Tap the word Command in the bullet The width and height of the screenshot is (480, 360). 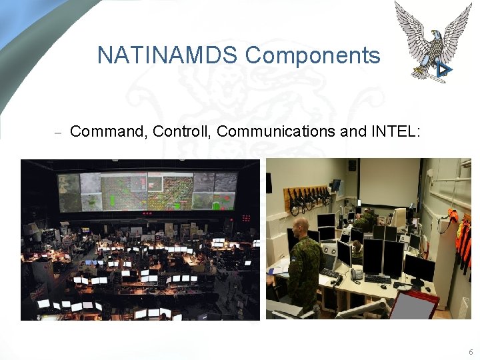point(107,131)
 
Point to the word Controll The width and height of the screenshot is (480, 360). point(181,131)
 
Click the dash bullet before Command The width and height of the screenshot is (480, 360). point(57,133)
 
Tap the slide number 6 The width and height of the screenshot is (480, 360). point(471,351)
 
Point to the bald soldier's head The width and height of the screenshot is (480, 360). point(301,227)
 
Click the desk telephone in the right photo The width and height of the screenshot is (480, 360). point(357,273)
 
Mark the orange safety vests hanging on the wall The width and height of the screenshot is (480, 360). point(462,237)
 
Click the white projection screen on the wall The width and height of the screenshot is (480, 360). point(389,182)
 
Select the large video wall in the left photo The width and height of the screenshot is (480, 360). point(147,191)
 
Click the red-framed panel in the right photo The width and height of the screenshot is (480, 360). point(413,305)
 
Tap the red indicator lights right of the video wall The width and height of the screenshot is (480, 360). point(246,218)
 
